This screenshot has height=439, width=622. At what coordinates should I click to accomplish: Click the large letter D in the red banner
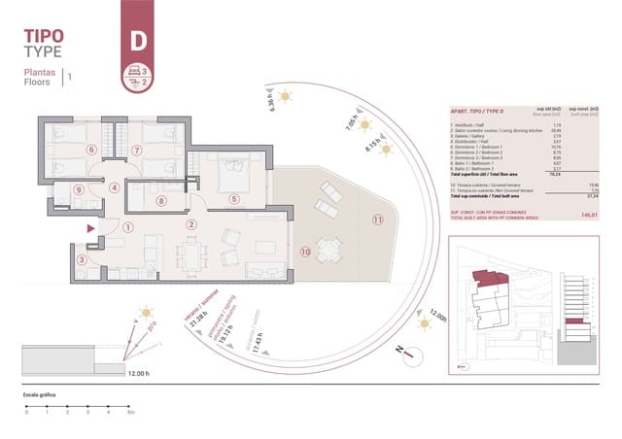click(x=139, y=42)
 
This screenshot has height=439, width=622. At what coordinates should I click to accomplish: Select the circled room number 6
click(x=91, y=150)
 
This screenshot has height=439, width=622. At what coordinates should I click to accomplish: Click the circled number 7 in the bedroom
click(x=137, y=150)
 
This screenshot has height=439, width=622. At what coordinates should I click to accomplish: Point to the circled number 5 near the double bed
click(x=234, y=199)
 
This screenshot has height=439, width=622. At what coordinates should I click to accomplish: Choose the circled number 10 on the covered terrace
click(x=305, y=252)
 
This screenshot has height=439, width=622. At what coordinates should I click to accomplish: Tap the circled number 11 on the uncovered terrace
click(x=377, y=219)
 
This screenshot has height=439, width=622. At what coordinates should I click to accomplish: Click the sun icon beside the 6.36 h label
click(x=285, y=95)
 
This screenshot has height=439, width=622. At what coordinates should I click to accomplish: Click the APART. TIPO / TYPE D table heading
click(x=476, y=112)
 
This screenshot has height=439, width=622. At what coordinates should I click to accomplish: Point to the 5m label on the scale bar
click(x=130, y=414)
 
